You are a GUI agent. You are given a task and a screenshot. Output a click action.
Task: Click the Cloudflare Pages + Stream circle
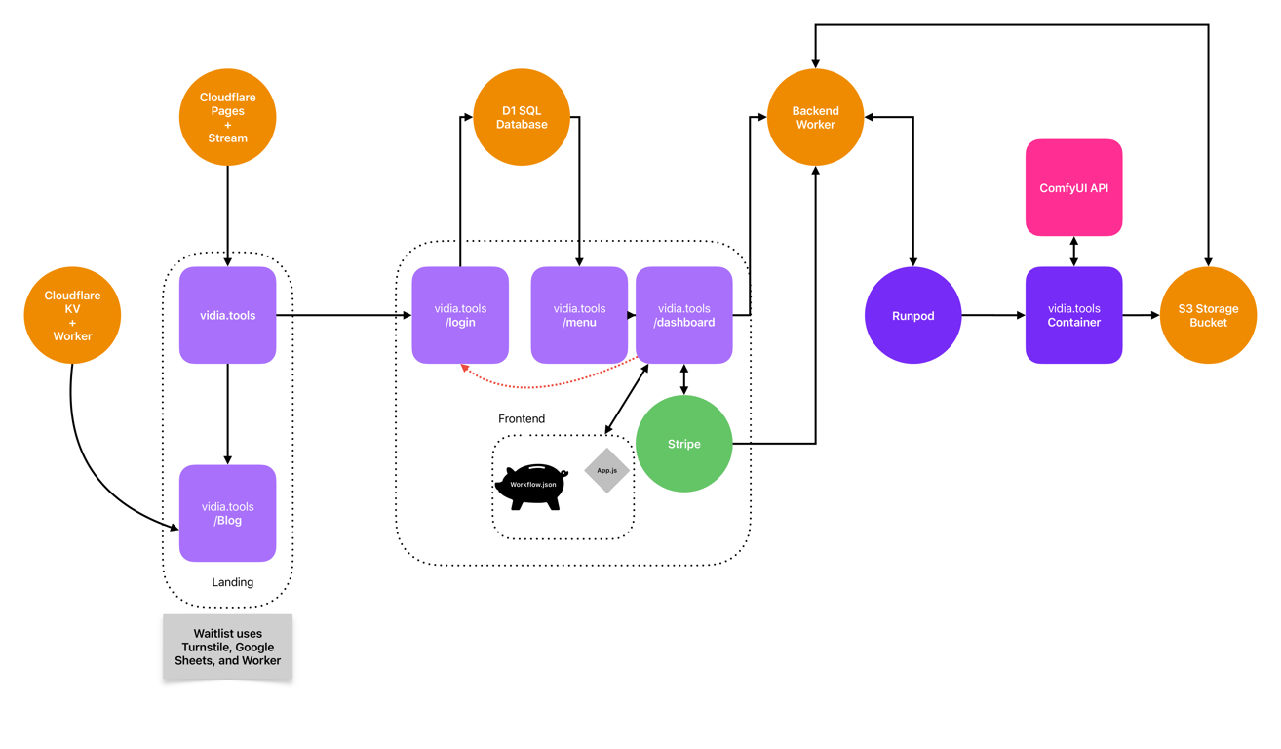[x=227, y=117]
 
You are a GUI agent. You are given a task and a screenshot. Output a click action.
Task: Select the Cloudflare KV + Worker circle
[x=72, y=315]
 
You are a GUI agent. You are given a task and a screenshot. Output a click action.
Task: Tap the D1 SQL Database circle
[x=522, y=117]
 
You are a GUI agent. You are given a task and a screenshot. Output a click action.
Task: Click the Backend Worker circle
[x=815, y=117]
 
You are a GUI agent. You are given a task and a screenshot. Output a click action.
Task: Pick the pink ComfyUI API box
[x=1073, y=187]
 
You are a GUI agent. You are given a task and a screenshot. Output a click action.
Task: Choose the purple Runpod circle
[x=912, y=315]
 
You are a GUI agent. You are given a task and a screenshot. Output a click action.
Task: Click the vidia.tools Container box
[x=1073, y=315]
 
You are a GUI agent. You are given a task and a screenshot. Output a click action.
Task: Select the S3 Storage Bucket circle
[x=1208, y=315]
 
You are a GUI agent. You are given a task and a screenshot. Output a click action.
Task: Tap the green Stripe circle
[x=683, y=444]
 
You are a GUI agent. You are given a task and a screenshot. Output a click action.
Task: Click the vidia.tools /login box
[x=460, y=315]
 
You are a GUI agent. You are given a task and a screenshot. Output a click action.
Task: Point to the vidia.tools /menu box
[x=579, y=315]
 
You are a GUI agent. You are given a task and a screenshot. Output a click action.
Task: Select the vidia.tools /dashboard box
[x=683, y=315]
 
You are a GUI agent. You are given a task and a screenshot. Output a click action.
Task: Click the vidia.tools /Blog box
[x=227, y=513]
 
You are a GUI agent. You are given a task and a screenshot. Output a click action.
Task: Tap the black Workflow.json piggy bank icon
[x=531, y=487]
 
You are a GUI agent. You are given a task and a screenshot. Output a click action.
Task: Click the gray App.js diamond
[x=606, y=470]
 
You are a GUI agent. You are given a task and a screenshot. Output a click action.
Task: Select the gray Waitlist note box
[x=227, y=647]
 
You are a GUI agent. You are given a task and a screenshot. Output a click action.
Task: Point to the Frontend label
[x=522, y=418]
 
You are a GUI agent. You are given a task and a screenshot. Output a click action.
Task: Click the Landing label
[x=232, y=582]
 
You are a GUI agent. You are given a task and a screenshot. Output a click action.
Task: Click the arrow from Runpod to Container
[x=992, y=315]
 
